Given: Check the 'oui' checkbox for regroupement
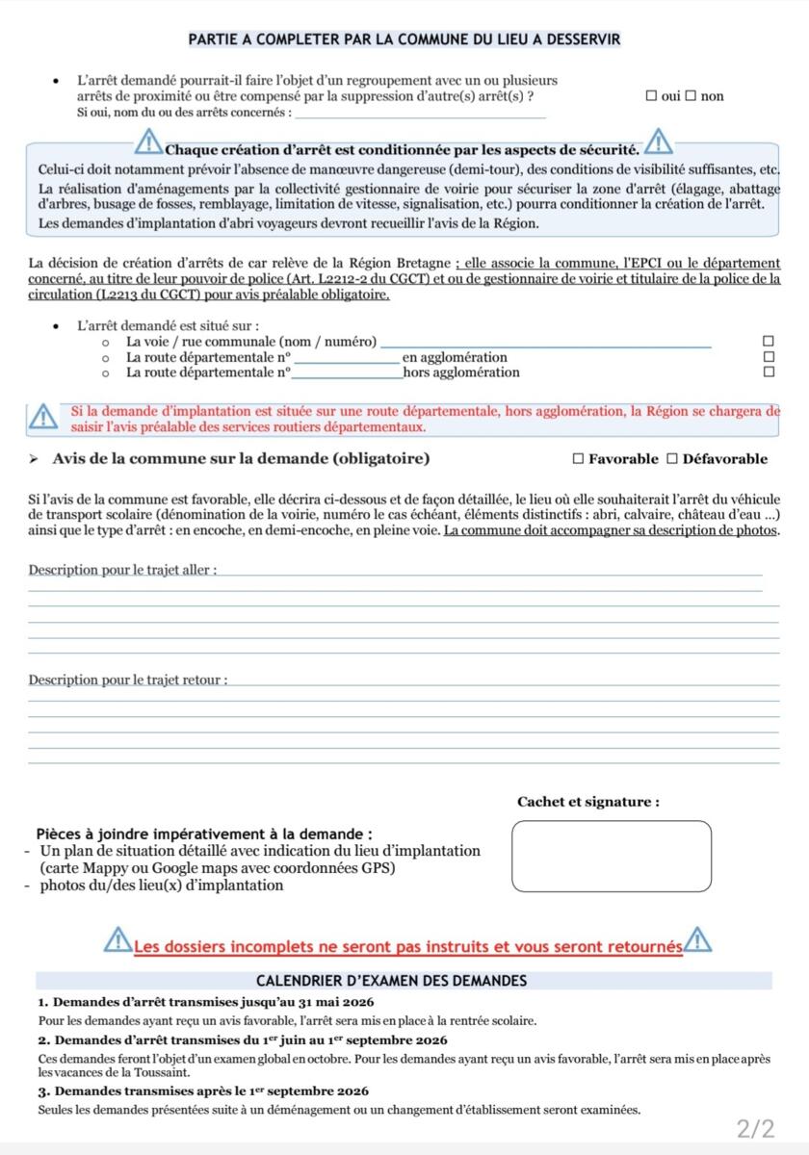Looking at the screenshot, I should pos(652,96).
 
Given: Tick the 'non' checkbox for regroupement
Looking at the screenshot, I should pos(690,96).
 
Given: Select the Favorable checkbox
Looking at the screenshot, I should pos(577,459).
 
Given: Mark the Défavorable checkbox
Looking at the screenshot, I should pos(672,459).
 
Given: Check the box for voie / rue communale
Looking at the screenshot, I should pos(768,342).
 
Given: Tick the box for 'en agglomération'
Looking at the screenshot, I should pos(768,357).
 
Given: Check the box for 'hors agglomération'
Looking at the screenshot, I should pos(768,372).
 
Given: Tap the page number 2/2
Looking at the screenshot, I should pos(754,1128).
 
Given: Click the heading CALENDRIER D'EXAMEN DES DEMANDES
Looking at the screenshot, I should pos(404,981).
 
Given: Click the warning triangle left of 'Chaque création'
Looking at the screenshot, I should pos(149,144).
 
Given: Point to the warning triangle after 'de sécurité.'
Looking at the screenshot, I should pos(660,142).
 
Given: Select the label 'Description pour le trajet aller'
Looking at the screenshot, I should pos(121,571).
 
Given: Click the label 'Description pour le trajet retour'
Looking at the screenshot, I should pos(127,680).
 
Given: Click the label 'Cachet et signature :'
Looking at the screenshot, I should pos(588,801).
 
